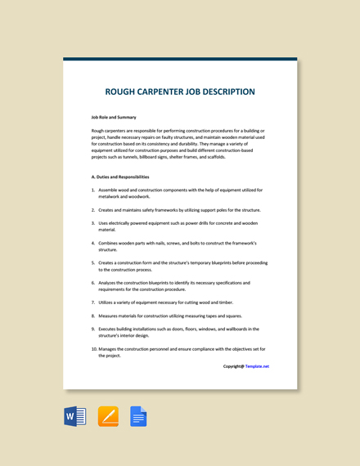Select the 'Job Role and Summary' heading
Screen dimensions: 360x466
coord(114,117)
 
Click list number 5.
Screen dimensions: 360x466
coord(93,262)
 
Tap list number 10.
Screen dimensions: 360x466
coord(94,349)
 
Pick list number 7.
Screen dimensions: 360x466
coord(93,302)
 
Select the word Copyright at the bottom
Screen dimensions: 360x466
coord(233,366)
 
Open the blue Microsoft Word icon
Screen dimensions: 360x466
coord(75,417)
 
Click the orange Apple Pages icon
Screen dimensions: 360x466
coord(108,417)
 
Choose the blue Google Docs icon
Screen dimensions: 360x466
coord(137,417)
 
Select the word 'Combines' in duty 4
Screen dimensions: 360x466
coord(111,243)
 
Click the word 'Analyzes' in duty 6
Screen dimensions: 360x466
coord(110,283)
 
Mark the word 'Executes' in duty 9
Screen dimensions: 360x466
coord(110,329)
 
